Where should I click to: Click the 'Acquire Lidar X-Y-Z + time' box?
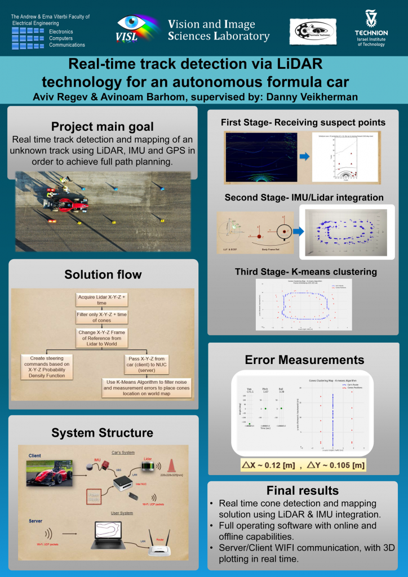101,299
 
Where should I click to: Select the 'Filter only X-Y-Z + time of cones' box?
101,317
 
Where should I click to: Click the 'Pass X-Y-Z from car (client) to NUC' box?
149,363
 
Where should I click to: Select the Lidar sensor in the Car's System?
145,466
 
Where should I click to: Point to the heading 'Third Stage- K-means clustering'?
305,272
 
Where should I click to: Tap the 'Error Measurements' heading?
304,359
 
